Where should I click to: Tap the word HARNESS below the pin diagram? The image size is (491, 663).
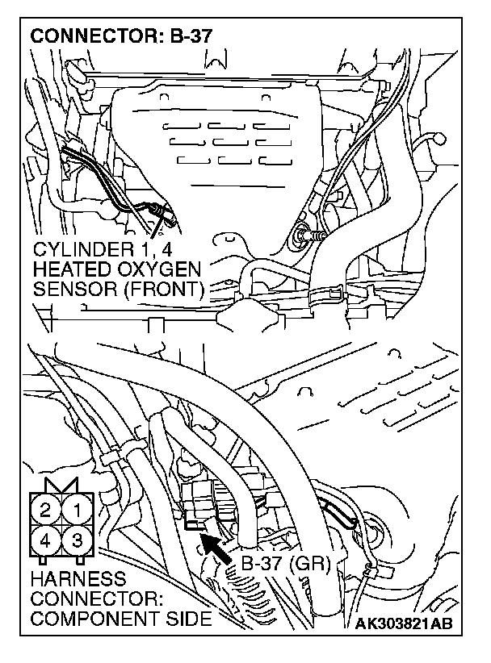coord(76,579)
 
